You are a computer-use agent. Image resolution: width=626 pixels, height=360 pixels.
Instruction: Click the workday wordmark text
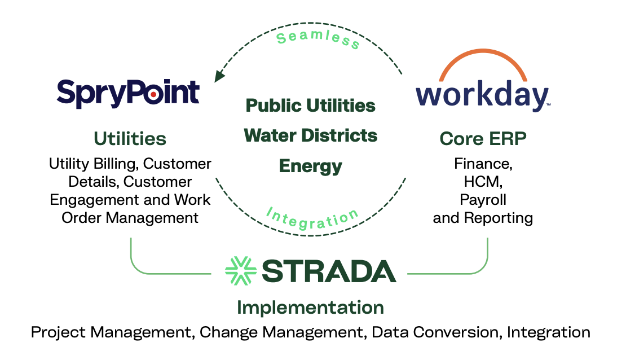click(x=482, y=96)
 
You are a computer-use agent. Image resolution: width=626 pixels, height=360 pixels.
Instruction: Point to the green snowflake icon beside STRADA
click(x=241, y=271)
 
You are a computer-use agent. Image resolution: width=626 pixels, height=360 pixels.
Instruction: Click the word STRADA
click(x=329, y=271)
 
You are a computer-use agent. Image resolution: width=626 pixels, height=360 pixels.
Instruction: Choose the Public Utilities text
click(x=311, y=106)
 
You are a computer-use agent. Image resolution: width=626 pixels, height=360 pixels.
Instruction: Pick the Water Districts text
click(x=311, y=135)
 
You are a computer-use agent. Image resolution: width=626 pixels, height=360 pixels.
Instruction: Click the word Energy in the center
click(x=311, y=166)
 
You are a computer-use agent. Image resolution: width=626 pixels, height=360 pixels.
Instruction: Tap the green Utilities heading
click(x=130, y=138)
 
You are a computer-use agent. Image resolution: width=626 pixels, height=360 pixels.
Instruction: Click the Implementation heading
click(x=311, y=308)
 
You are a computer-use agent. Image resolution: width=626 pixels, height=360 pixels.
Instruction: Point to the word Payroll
click(x=483, y=200)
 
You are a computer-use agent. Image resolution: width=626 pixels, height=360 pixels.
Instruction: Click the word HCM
click(x=483, y=182)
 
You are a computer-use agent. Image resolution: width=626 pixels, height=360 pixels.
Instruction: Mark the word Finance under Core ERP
click(x=481, y=164)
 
